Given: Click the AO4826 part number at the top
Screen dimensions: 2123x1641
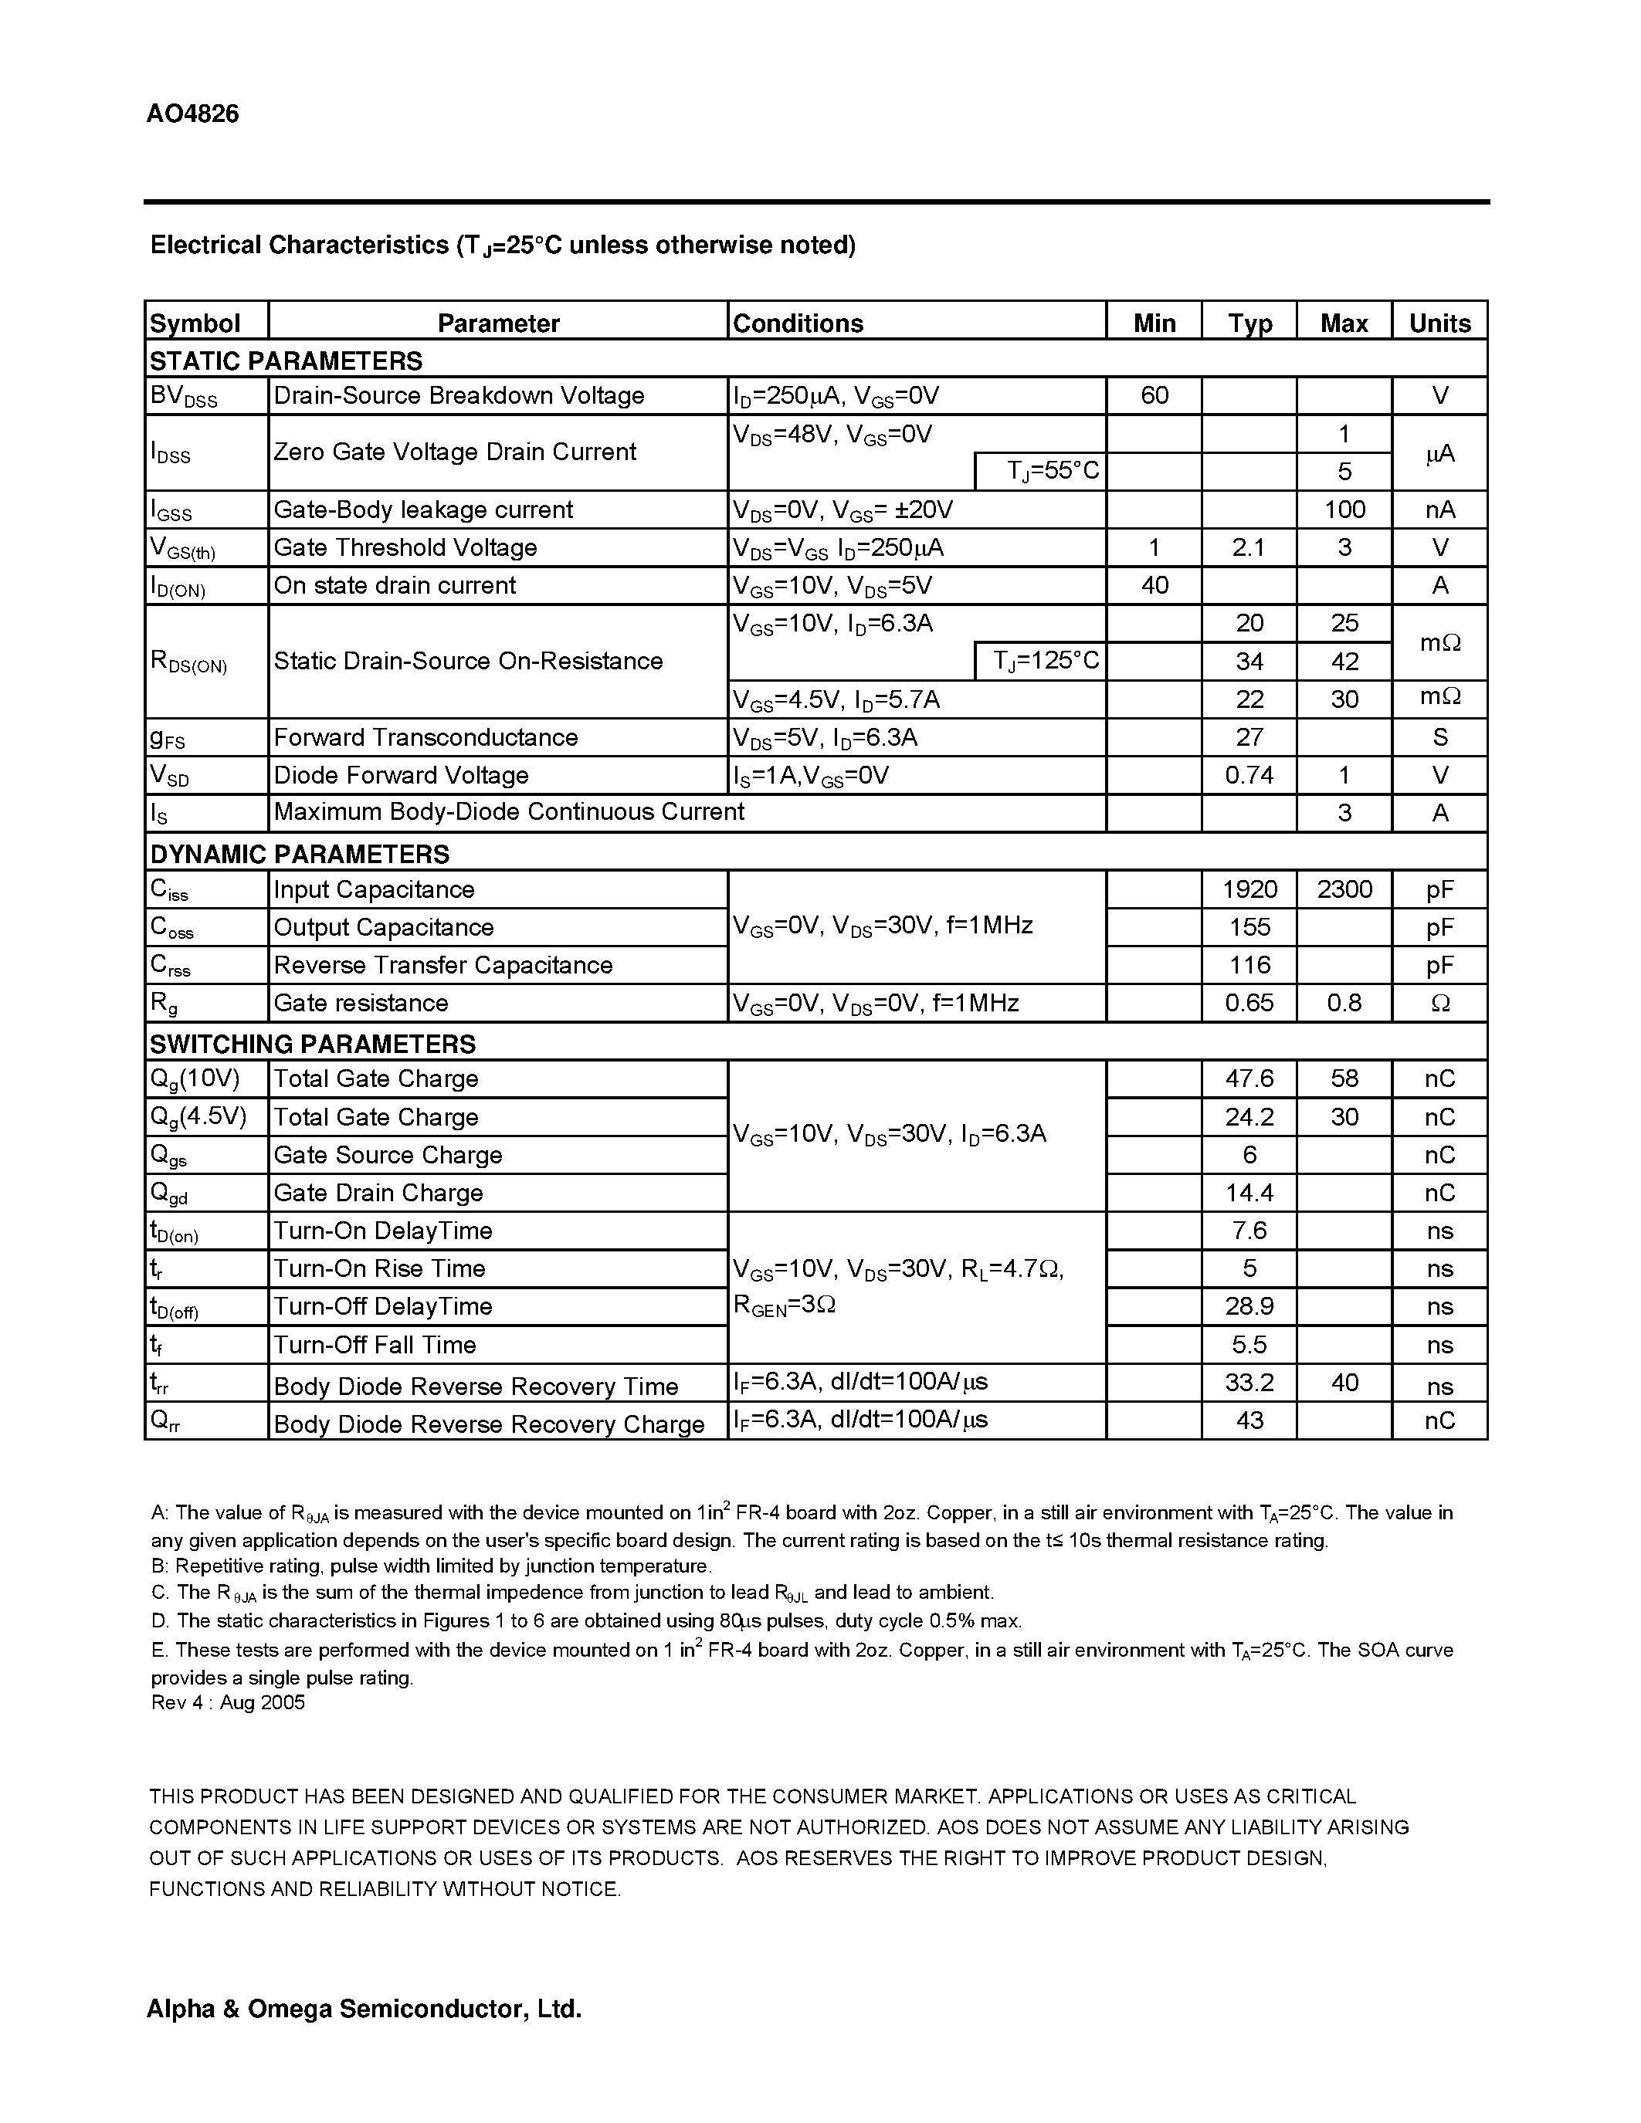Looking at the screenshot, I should tap(192, 113).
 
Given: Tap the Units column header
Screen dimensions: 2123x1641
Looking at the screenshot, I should tap(1439, 323).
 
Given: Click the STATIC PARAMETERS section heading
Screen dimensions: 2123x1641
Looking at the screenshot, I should tap(286, 361).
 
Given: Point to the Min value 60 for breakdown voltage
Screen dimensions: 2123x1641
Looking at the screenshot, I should tap(1154, 395).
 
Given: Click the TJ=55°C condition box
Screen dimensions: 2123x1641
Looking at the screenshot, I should tap(1040, 472).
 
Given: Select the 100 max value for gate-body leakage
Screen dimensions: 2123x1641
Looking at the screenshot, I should tap(1344, 510).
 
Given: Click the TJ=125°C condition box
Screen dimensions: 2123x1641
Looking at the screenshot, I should tap(1040, 661).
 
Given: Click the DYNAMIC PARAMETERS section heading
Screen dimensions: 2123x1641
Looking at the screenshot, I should tap(300, 854).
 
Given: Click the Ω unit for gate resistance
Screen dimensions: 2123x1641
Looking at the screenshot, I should tap(1439, 1003).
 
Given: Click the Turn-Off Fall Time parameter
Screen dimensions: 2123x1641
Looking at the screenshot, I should tap(375, 1344).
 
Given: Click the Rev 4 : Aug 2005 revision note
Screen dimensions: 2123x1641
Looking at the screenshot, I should tap(228, 1702).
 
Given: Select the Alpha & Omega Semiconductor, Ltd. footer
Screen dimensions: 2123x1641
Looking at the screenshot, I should tap(364, 2008).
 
